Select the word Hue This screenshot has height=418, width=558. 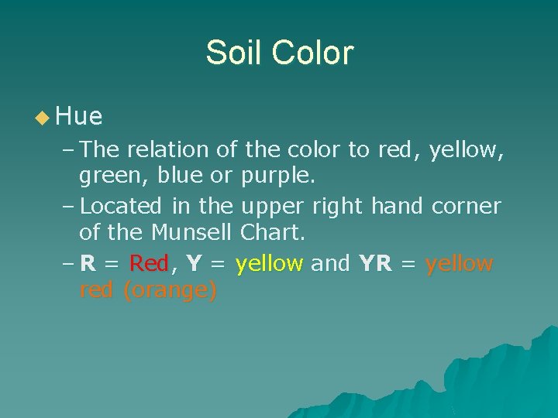click(79, 117)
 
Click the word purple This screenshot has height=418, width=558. click(277, 176)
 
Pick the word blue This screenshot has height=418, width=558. click(183, 176)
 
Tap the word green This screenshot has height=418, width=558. click(114, 176)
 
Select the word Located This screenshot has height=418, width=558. click(120, 206)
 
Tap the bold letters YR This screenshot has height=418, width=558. click(375, 264)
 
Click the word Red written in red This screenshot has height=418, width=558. click(149, 264)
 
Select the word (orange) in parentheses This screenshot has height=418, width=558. click(170, 291)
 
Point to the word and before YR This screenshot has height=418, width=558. click(330, 264)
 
